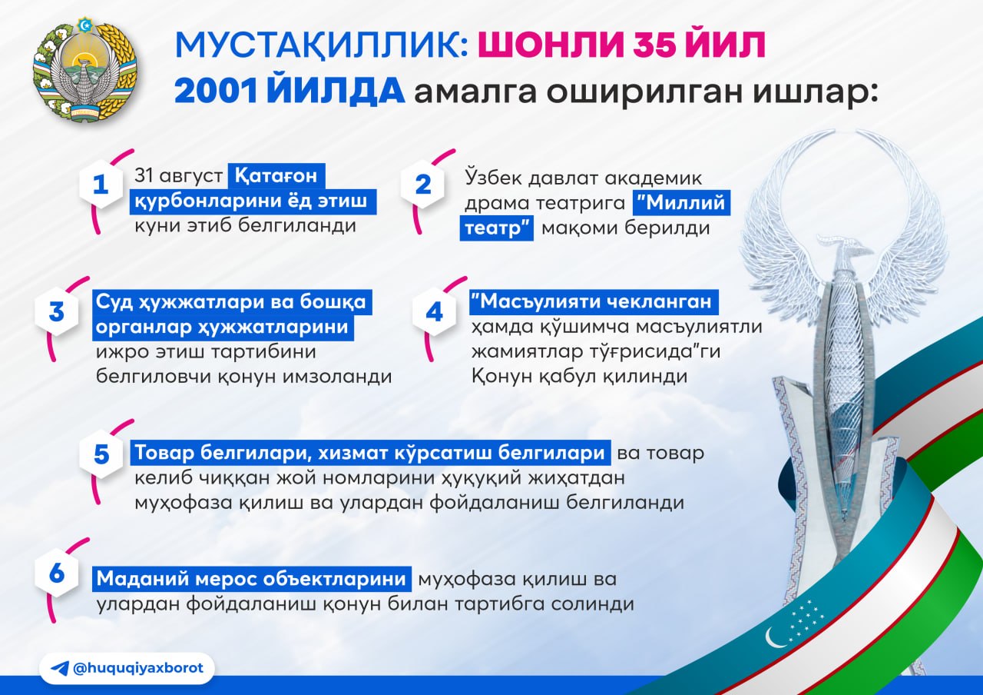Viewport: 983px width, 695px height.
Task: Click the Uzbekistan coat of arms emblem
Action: coord(85,69)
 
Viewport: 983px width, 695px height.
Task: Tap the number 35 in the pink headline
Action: coord(654,45)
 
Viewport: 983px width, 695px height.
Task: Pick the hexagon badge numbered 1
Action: coord(101,184)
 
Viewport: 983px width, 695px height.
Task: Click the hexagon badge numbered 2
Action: coord(422,184)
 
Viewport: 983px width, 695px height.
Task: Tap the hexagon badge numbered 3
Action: coord(57,311)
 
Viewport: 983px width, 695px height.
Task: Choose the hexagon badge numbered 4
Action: coord(434,311)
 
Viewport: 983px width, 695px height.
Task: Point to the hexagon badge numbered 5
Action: coord(101,454)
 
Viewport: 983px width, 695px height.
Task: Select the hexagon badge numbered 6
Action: coord(57,573)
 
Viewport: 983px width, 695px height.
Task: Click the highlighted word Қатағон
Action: coord(276,176)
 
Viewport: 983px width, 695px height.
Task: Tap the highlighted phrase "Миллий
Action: coord(681,202)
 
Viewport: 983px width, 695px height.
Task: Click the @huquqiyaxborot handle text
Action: coord(138,668)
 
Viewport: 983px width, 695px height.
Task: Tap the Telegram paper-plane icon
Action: coord(60,668)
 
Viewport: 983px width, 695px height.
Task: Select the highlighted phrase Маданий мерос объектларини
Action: coord(251,579)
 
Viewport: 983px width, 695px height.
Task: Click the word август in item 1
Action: coord(191,176)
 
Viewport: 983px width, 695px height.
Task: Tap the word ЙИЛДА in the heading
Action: coord(336,90)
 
